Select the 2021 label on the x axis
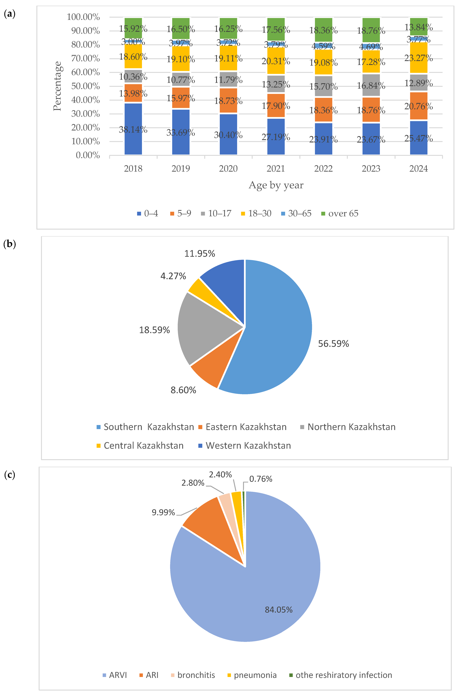point(276,169)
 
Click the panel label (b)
point(10,244)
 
